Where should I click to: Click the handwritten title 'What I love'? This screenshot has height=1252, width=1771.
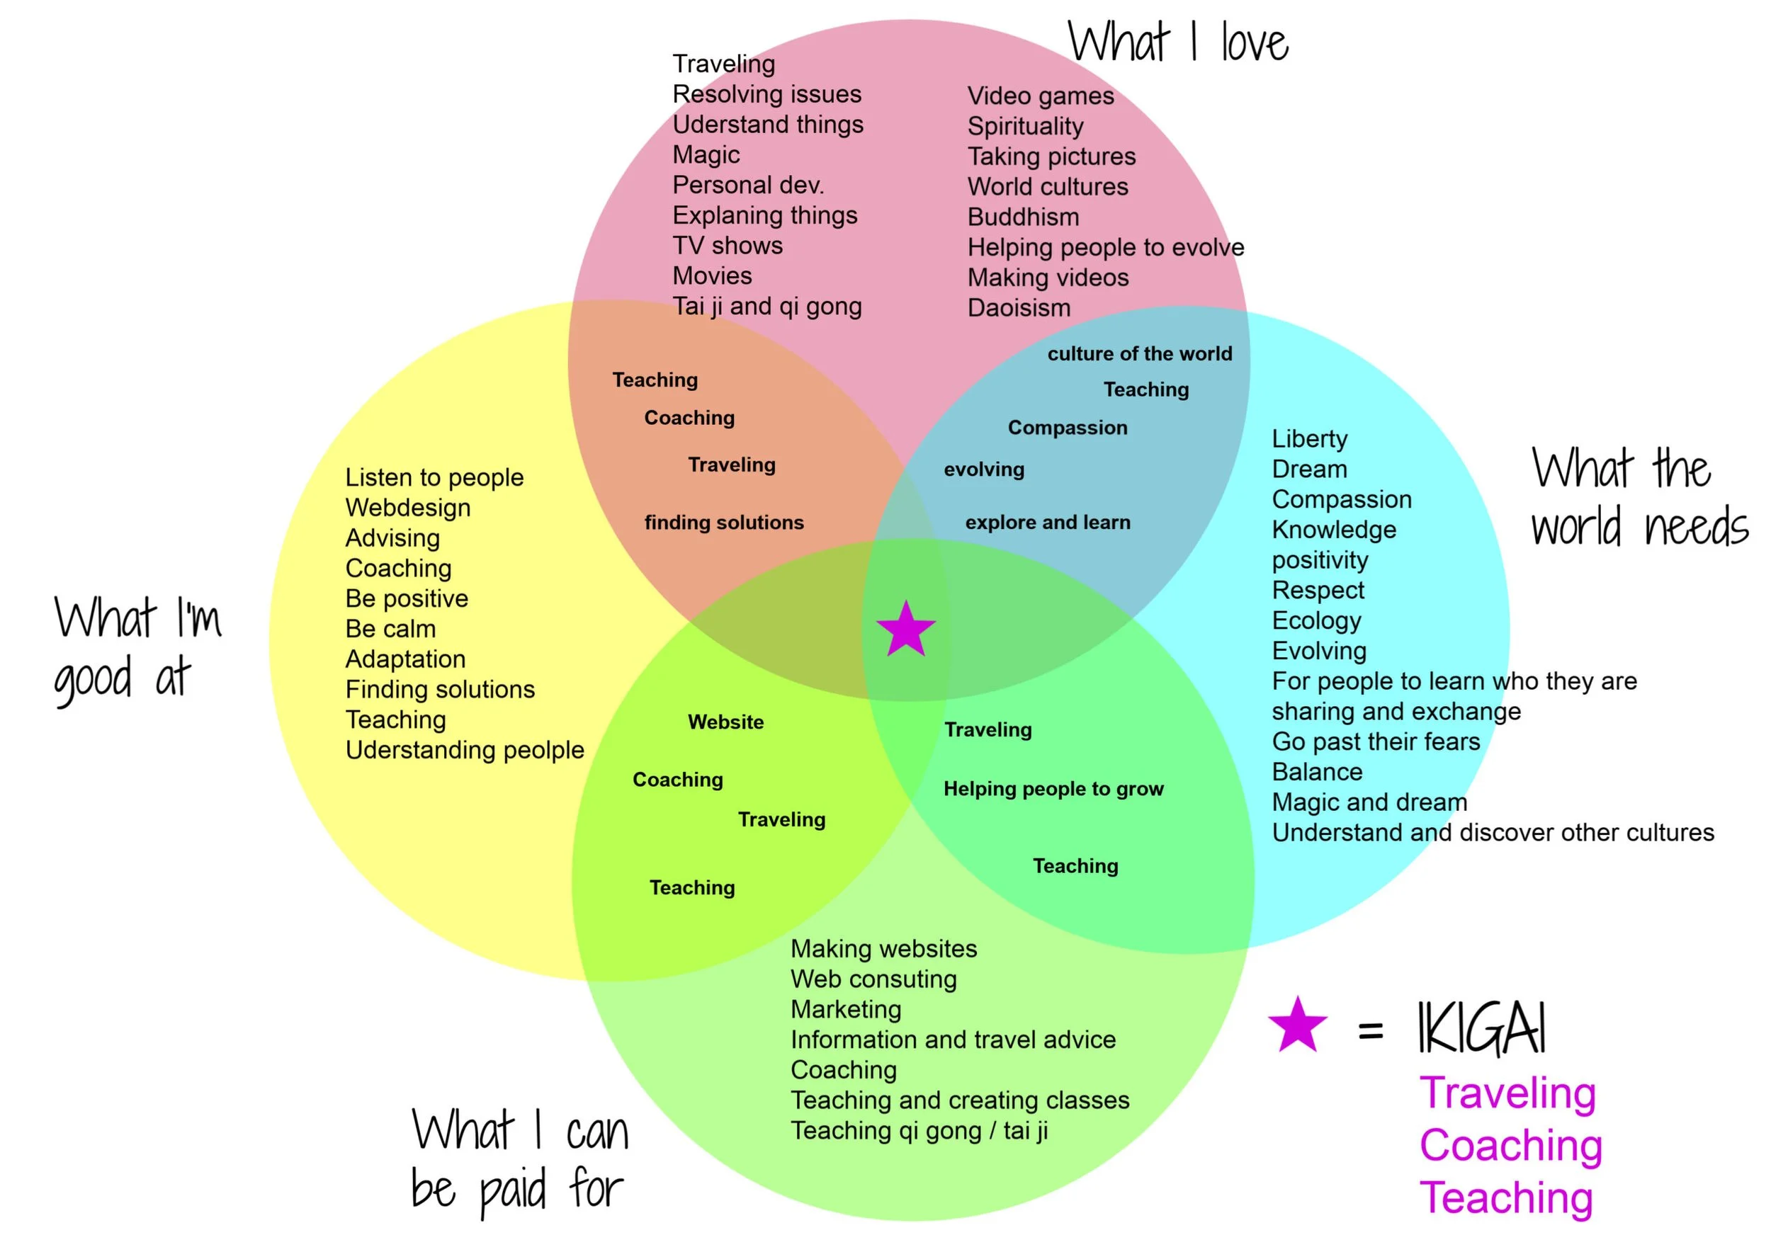coord(1178,42)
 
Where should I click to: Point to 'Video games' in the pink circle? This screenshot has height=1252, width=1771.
coord(1041,96)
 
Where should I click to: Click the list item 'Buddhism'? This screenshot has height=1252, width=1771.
coord(1023,217)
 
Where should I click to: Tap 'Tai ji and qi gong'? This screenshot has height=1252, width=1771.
coord(766,306)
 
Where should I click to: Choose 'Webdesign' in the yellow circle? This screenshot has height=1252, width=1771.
coord(407,507)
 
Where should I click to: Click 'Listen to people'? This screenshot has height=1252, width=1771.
coord(434,477)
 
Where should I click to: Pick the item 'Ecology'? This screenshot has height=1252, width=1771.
coord(1316,620)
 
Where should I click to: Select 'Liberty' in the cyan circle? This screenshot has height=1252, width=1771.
coord(1309,438)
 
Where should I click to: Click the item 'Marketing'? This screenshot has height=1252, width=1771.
coord(845,1009)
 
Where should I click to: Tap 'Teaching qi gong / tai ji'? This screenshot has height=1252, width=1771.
coord(919,1130)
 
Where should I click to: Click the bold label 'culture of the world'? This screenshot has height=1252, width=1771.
coord(1139,354)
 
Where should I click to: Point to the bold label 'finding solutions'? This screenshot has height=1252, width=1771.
coord(723,523)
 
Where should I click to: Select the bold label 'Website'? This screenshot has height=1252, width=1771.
coord(726,722)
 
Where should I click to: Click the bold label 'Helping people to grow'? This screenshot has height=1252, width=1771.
coord(1053,789)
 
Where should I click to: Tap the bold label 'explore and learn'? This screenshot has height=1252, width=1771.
coord(1048,523)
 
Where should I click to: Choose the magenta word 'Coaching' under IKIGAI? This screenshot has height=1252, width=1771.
coord(1510,1145)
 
